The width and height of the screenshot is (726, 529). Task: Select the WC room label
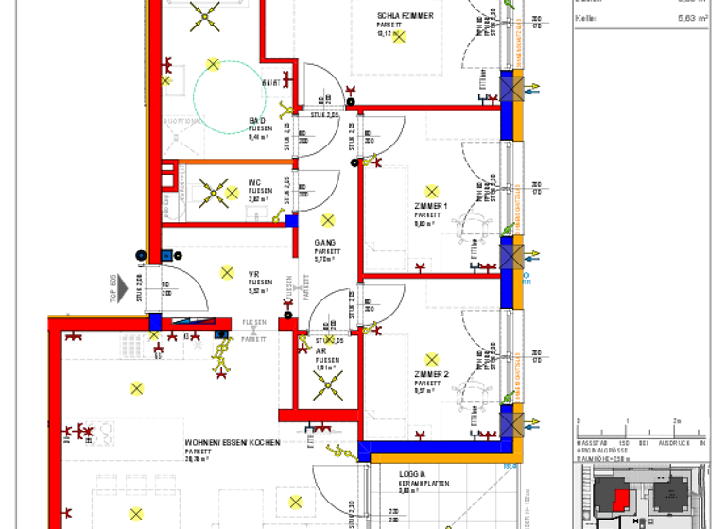click(255, 183)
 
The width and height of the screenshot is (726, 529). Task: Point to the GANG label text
click(325, 243)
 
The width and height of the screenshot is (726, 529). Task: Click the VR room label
click(254, 274)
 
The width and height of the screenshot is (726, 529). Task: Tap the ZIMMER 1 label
click(431, 206)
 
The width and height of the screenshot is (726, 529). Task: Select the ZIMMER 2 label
click(431, 375)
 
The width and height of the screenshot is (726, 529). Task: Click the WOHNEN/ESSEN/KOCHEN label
click(232, 442)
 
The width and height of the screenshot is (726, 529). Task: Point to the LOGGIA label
click(412, 474)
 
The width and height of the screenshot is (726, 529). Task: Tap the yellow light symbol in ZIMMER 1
click(432, 191)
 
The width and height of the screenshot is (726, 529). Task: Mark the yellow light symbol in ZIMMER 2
click(432, 360)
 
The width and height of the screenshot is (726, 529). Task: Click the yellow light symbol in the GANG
click(327, 221)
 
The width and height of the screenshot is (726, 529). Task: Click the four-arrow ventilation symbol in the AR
click(327, 384)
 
